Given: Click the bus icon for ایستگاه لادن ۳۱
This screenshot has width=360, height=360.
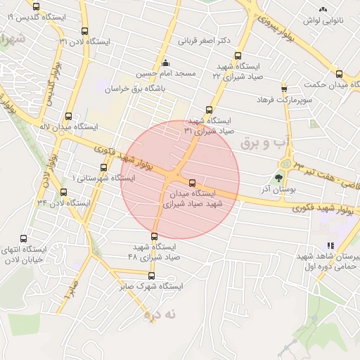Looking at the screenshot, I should [85, 32].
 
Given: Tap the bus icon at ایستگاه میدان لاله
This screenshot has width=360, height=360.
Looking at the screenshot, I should [68, 117].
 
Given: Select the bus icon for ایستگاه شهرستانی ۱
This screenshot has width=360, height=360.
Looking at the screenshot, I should [104, 167].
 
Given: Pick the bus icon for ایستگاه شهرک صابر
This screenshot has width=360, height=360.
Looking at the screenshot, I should [151, 276].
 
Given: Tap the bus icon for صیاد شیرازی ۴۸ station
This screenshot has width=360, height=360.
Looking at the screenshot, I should [155, 236].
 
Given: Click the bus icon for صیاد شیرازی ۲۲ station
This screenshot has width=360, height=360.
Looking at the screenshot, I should [238, 56].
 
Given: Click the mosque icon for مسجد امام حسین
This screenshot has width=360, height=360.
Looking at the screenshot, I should [165, 63].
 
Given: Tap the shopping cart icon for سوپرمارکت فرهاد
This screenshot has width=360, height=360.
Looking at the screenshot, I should [284, 89].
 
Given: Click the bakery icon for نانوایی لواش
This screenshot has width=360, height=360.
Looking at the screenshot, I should [323, 10].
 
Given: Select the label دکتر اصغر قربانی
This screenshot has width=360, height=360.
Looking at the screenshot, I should [204, 41].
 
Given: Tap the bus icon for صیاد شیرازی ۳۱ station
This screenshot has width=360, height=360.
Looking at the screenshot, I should [209, 110].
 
